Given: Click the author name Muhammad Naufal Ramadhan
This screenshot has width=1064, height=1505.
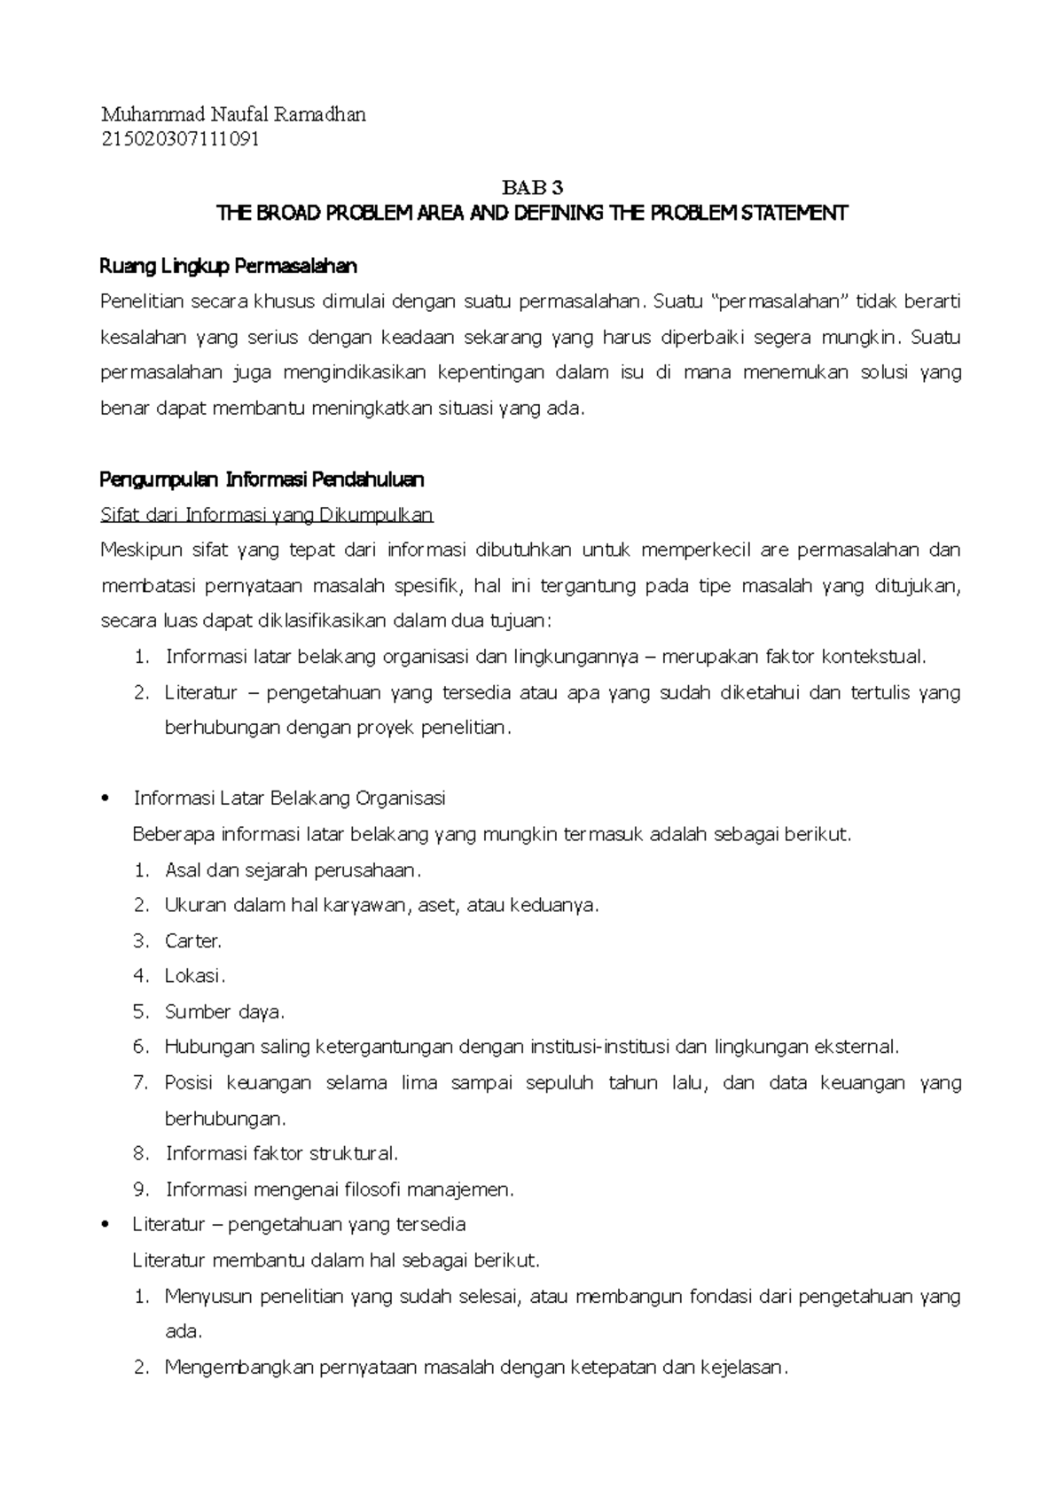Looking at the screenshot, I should [x=233, y=114].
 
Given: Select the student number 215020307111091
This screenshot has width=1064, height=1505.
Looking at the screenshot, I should [x=180, y=139].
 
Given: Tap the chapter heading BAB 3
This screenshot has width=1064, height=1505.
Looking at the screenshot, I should [x=532, y=188].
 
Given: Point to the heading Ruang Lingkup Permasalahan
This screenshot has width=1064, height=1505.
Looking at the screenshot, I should [x=229, y=266].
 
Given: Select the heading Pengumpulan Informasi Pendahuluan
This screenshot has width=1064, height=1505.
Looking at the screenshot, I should [x=262, y=480].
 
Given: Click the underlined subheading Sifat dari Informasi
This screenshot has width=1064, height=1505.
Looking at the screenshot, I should [x=267, y=515].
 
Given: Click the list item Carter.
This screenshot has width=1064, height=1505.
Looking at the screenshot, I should [x=192, y=940].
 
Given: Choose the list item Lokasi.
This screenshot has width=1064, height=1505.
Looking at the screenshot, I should [x=194, y=976].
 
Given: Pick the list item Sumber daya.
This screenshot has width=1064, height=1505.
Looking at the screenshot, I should [x=224, y=1011].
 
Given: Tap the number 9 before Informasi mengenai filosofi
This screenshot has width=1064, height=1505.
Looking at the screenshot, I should [x=140, y=1189].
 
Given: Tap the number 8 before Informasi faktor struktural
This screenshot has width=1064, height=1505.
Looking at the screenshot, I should [x=140, y=1154].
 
